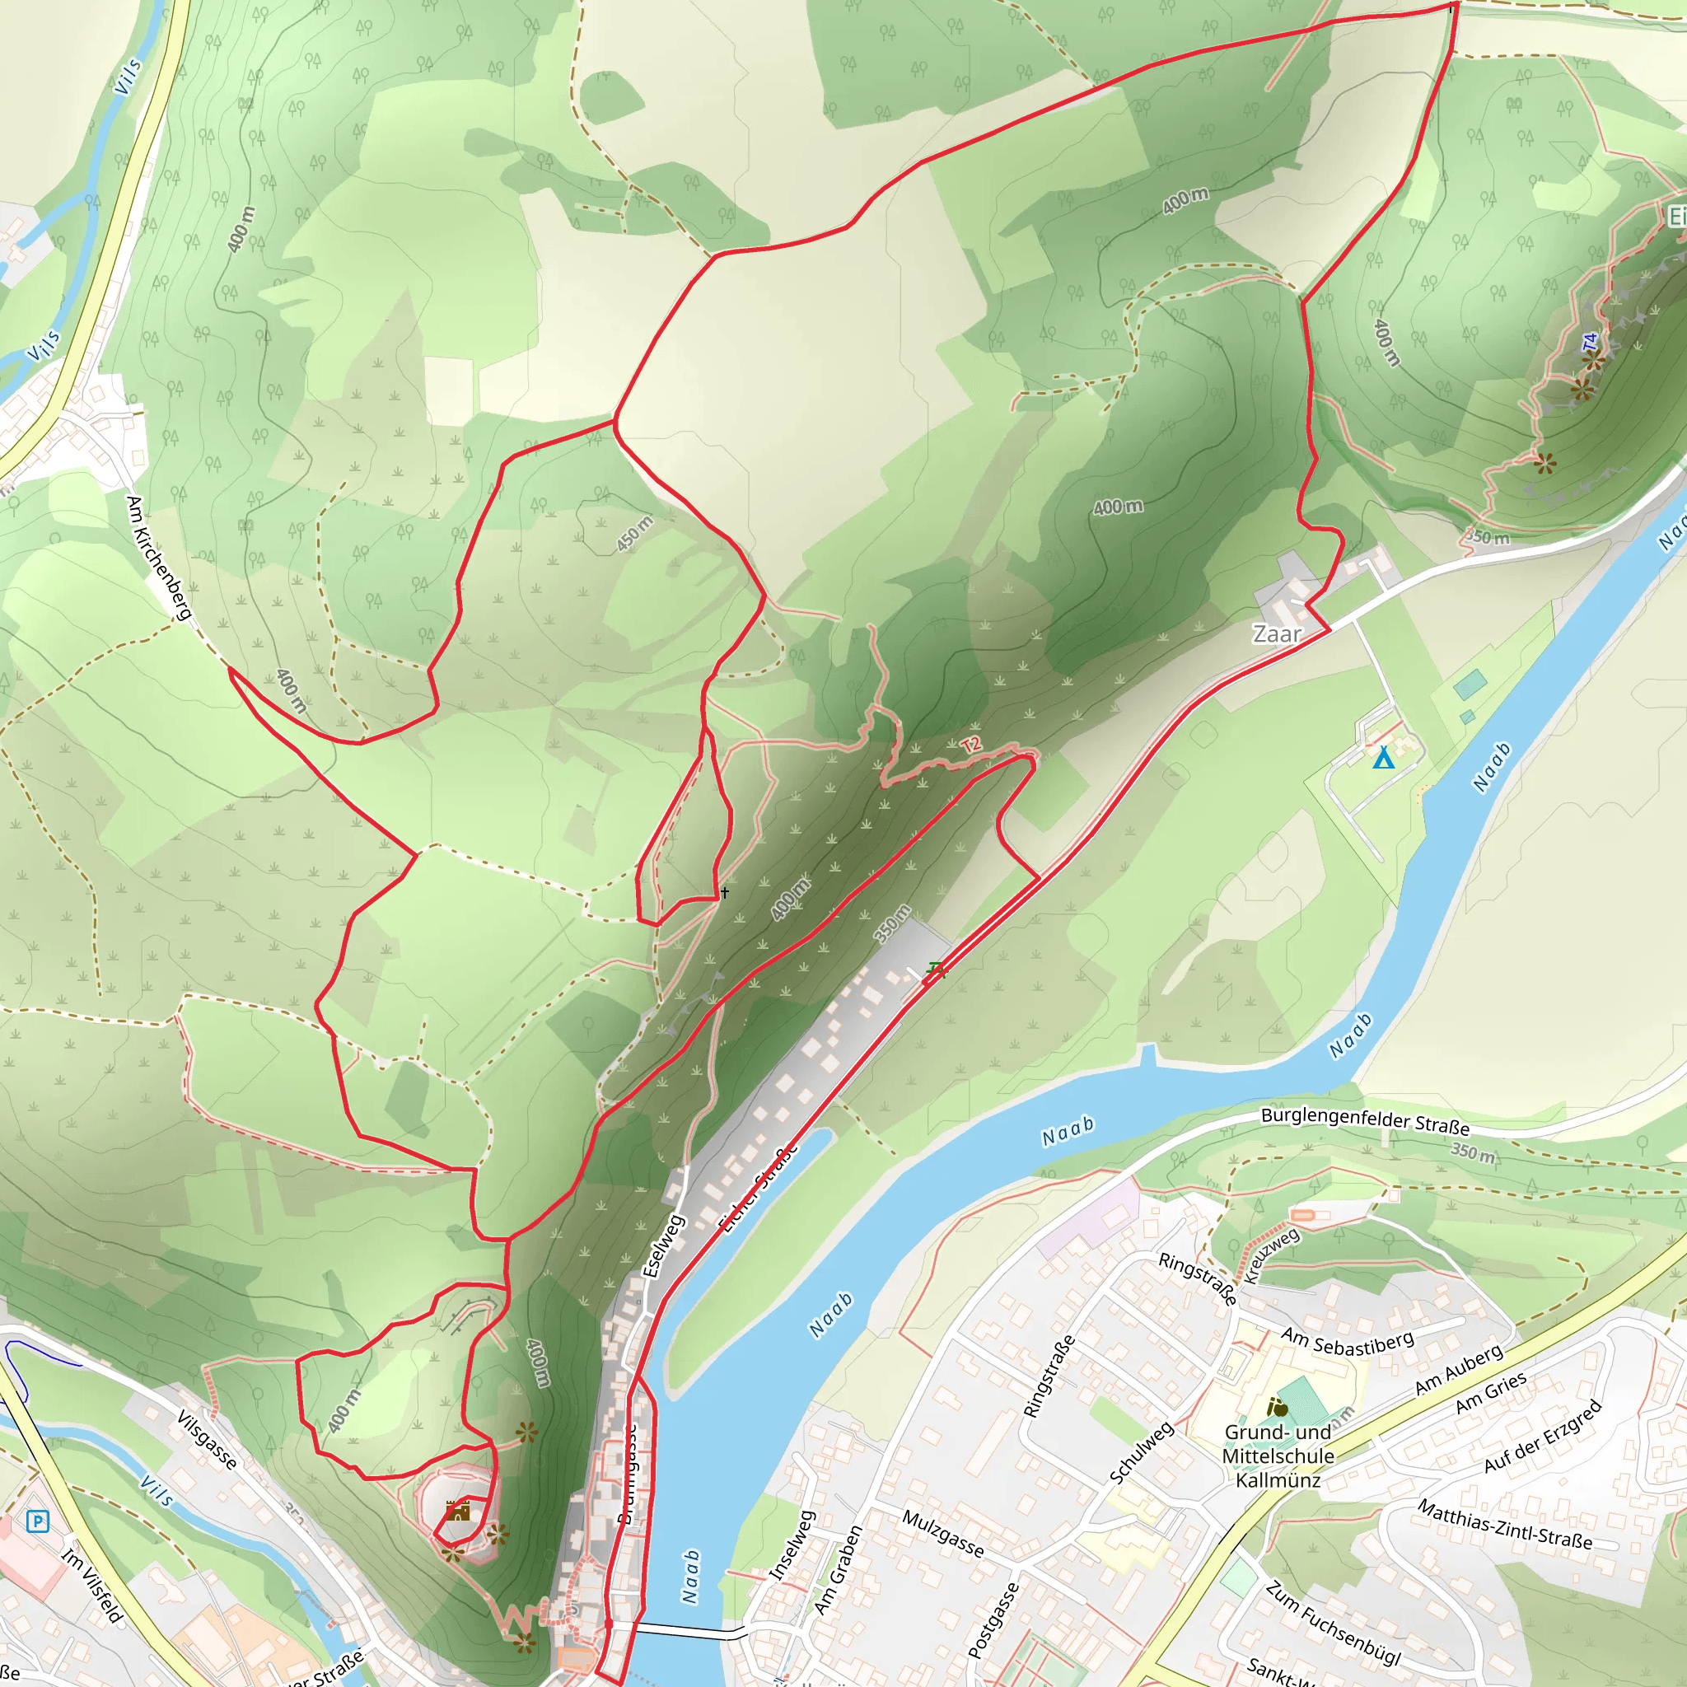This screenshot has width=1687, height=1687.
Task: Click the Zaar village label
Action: pyautogui.click(x=1277, y=634)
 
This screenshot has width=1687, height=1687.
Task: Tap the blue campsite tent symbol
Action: pyautogui.click(x=1383, y=758)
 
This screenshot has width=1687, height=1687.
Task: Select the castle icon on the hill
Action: pyautogui.click(x=457, y=1511)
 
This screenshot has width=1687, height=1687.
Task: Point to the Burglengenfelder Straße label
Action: pyautogui.click(x=1364, y=1121)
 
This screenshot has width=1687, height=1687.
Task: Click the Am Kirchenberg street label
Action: pyautogui.click(x=158, y=557)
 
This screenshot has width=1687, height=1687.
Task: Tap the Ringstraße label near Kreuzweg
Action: pyautogui.click(x=1196, y=1278)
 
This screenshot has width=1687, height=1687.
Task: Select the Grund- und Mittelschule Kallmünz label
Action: pyautogui.click(x=1278, y=1456)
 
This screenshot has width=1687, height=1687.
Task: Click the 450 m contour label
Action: pyautogui.click(x=635, y=534)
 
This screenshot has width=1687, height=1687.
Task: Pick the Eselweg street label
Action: pyautogui.click(x=664, y=1246)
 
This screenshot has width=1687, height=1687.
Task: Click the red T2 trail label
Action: pyautogui.click(x=972, y=744)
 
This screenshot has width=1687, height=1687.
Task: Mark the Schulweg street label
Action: pyautogui.click(x=1141, y=1453)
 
